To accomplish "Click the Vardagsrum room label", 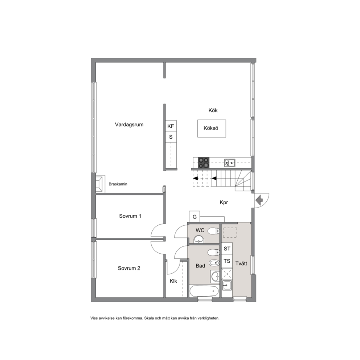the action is coord(129,125).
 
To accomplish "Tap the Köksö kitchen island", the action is coord(212,128).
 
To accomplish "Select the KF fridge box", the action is coord(171,126).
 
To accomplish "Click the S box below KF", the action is coord(171,137).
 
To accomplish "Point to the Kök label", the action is coord(213,110).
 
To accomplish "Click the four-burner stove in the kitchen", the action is coord(204,163).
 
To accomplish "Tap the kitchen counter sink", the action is coord(230,163).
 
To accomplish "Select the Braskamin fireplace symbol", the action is coord(100,184).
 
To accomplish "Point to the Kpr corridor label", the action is coord(224,202).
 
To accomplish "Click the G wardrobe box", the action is coord(195,217).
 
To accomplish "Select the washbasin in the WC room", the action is coord(198,239).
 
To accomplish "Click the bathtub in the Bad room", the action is coord(204,291).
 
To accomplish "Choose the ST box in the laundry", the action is coord(227,249).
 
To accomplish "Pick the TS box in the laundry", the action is coord(227,261).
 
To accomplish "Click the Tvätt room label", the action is coord(241,263).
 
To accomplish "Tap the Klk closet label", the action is coord(173,281).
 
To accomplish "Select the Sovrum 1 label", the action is coord(130,216).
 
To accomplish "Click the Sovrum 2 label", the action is coord(129,268).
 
